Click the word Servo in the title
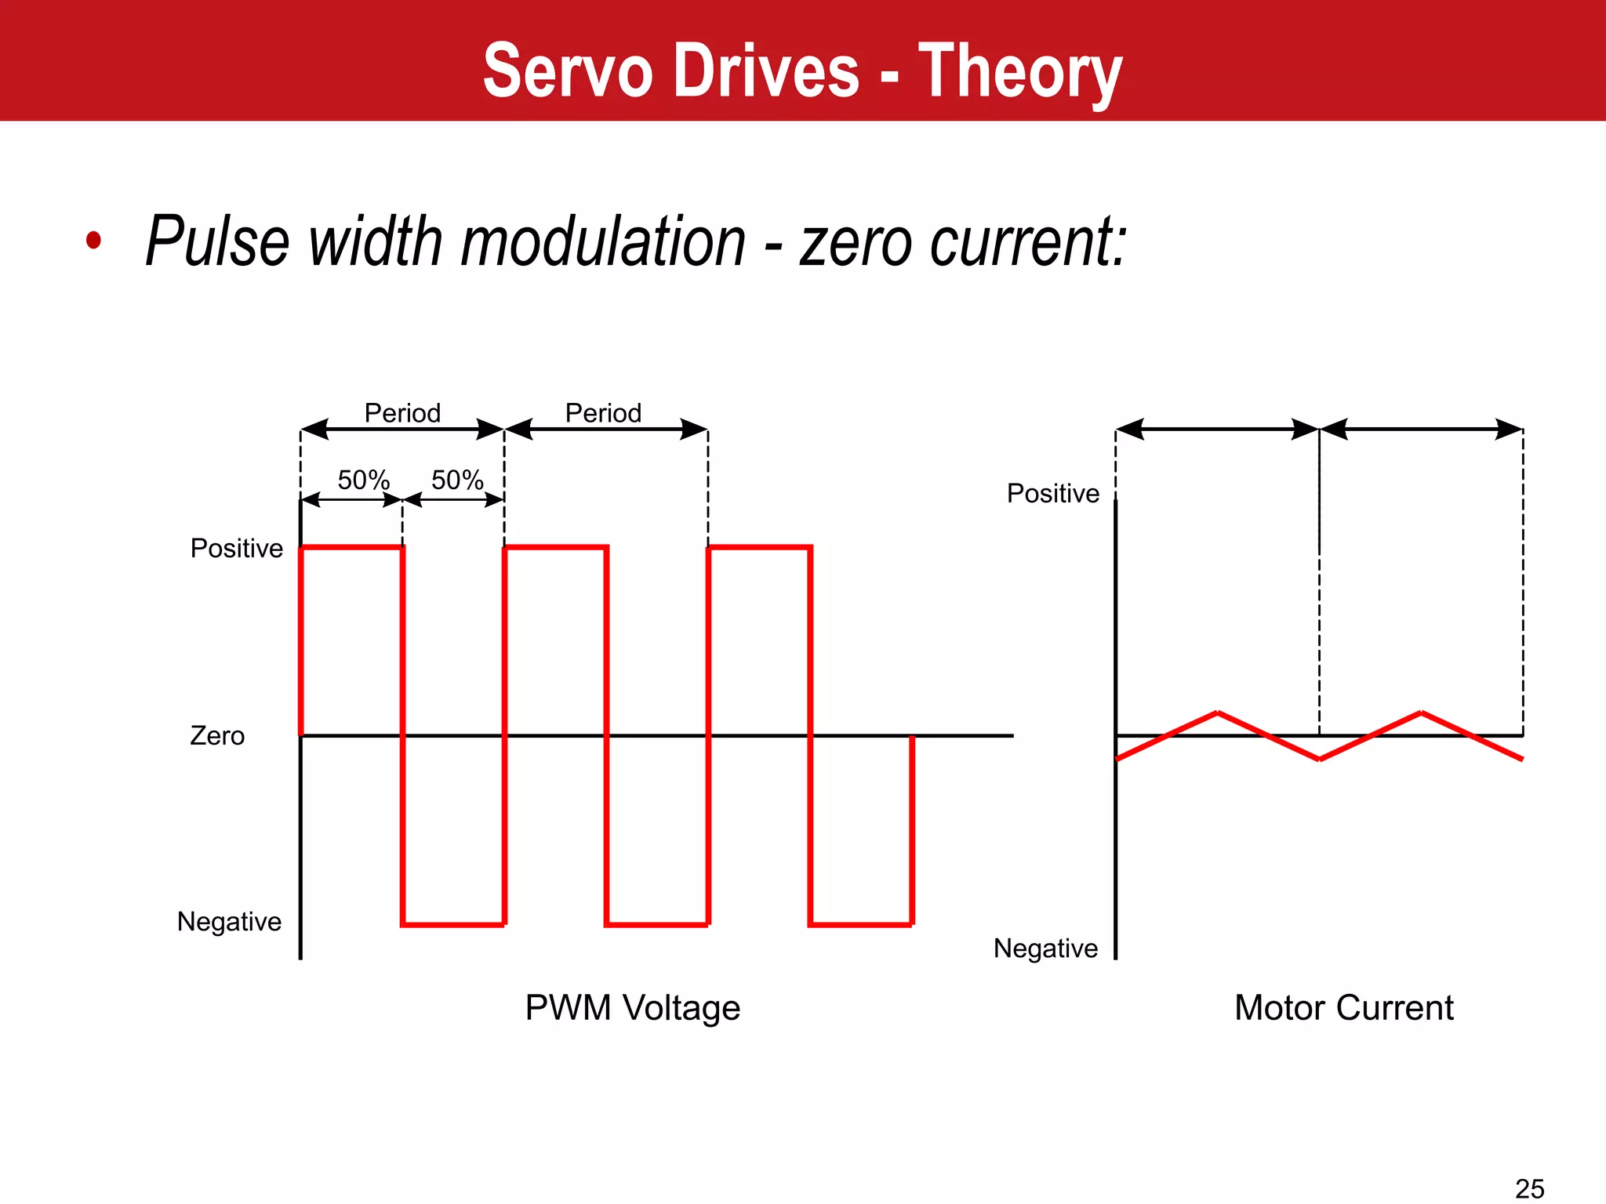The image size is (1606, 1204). [567, 71]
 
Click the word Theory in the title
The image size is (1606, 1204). [1020, 73]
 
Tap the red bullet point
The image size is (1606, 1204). [94, 240]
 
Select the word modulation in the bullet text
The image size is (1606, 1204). [603, 241]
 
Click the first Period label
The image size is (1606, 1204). [402, 412]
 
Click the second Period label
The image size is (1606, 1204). [603, 412]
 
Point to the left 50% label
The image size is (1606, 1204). [363, 480]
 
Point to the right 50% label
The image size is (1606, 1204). [457, 480]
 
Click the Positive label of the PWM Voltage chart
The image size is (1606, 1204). [236, 548]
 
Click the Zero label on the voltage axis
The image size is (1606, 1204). [217, 735]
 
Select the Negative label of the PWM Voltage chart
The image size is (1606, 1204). [229, 921]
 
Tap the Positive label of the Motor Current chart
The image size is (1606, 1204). [1052, 493]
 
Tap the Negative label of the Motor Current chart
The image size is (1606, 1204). [1045, 948]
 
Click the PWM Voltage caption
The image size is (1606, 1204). [632, 1007]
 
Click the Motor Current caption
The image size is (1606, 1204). [1343, 1007]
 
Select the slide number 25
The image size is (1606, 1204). [1529, 1188]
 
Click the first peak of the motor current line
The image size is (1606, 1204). [1217, 713]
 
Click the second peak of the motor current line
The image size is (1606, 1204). [1421, 713]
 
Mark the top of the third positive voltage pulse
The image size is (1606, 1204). [759, 548]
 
